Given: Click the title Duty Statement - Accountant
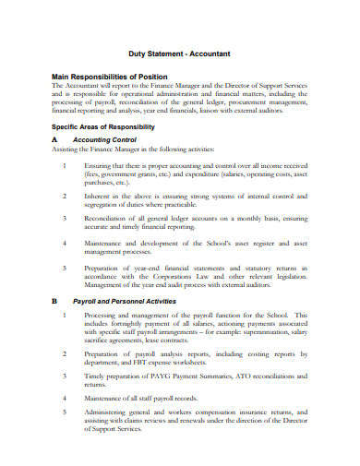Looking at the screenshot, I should pyautogui.click(x=179, y=54).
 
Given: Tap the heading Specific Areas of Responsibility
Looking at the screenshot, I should pyautogui.click(x=102, y=125).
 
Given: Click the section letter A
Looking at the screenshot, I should pyautogui.click(x=55, y=140).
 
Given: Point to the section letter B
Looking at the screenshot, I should pyautogui.click(x=55, y=301).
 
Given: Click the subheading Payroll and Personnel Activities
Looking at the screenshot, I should pyautogui.click(x=137, y=301).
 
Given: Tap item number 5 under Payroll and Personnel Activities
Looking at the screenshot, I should pyautogui.click(x=65, y=412).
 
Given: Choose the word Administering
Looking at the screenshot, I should pyautogui.click(x=111, y=412).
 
